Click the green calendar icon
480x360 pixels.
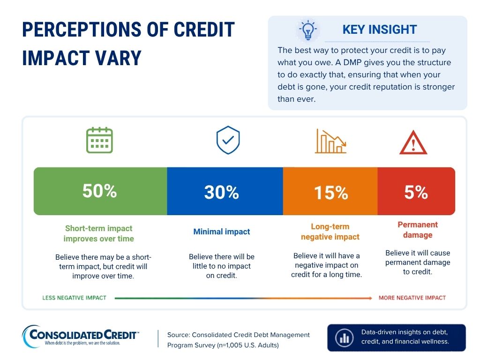click(x=99, y=140)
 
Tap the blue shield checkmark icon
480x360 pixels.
click(x=228, y=140)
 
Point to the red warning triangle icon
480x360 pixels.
click(x=413, y=142)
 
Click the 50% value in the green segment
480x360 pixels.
click(x=100, y=191)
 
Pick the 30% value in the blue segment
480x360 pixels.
click(x=222, y=192)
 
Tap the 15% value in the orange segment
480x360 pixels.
click(x=331, y=193)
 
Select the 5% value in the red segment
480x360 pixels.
click(x=416, y=192)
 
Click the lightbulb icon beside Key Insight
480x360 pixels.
click(x=308, y=30)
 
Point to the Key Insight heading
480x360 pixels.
click(x=380, y=30)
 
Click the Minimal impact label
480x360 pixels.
click(x=222, y=232)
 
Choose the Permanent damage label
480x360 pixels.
click(x=418, y=230)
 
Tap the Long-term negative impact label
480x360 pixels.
click(x=330, y=232)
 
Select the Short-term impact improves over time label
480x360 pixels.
click(x=99, y=233)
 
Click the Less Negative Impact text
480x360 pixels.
click(x=75, y=298)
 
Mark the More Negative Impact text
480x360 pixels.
click(x=412, y=298)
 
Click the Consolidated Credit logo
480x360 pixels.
click(x=80, y=337)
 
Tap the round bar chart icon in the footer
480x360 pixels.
click(x=345, y=338)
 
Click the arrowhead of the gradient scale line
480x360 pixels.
click(x=370, y=298)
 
